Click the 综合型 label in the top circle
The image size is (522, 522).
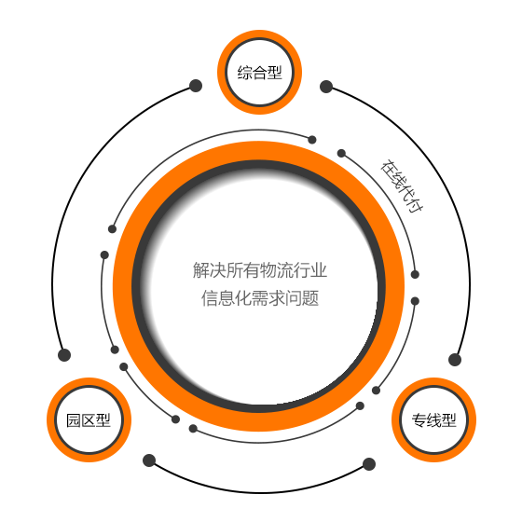(260, 73)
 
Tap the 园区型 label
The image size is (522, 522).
(89, 420)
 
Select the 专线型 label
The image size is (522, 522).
(433, 420)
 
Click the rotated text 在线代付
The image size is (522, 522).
(402, 185)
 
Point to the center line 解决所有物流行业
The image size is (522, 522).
(260, 270)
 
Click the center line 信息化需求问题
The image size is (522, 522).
(260, 298)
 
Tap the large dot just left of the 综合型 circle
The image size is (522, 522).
(196, 86)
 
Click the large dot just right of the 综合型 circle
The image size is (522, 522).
(326, 87)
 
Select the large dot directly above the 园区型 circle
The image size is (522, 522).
(64, 355)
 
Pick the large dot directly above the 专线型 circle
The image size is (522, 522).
(455, 360)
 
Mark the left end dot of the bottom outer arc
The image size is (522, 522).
(149, 460)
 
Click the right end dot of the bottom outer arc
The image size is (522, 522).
(369, 464)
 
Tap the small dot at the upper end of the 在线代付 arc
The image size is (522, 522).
(341, 153)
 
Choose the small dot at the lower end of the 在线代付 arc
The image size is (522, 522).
(415, 274)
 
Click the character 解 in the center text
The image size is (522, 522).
(201, 270)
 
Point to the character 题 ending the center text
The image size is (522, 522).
(310, 298)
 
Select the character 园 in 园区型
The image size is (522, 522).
(74, 420)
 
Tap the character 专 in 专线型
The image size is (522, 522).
(419, 420)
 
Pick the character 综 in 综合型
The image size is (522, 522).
(244, 73)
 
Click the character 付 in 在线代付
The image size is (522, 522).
(416, 205)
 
